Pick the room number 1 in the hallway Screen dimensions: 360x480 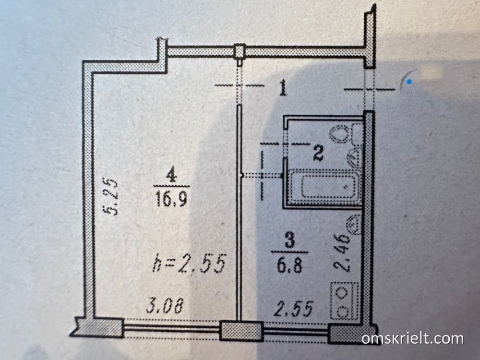point(283,88)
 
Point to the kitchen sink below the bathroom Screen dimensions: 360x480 point(353,225)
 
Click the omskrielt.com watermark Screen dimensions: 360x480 point(413,338)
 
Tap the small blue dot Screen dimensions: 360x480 point(408,82)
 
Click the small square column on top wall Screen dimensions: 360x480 point(239,51)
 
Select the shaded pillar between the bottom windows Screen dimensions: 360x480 point(242,330)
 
